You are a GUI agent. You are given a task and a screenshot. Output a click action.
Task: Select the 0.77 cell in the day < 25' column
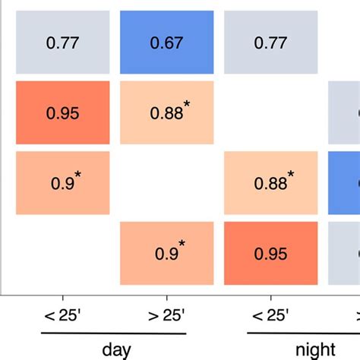(x=63, y=44)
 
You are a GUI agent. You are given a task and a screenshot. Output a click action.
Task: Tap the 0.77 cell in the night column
(x=270, y=44)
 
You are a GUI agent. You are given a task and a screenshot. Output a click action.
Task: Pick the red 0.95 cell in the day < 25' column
(x=63, y=114)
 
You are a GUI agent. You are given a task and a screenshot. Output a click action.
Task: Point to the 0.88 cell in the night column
(x=270, y=184)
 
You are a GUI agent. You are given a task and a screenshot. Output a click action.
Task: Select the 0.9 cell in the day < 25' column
(x=63, y=184)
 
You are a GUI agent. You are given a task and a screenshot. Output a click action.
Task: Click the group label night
(x=313, y=349)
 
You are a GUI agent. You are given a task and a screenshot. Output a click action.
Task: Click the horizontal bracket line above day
(x=113, y=333)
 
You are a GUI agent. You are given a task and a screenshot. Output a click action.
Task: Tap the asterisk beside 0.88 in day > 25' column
(x=187, y=104)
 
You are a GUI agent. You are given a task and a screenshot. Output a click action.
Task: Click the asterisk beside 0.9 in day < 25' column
(x=78, y=175)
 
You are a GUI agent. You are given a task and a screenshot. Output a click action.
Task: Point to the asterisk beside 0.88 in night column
(x=290, y=175)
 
